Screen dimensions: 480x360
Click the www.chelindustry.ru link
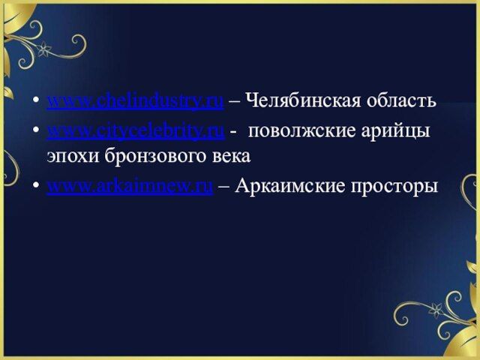135,101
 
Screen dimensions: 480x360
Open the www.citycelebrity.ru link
136,131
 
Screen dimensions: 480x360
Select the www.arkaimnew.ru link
130,185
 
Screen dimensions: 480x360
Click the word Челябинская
303,100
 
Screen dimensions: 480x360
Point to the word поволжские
301,131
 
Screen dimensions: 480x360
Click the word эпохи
73,156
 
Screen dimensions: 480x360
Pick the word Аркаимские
290,185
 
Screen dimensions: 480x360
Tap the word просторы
394,187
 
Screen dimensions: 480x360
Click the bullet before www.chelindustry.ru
36,100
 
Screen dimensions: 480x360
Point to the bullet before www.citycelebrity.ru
36,130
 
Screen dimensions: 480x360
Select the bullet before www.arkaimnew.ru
36,185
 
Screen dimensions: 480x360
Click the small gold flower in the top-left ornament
44,49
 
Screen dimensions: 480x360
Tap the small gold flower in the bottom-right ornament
436,310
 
